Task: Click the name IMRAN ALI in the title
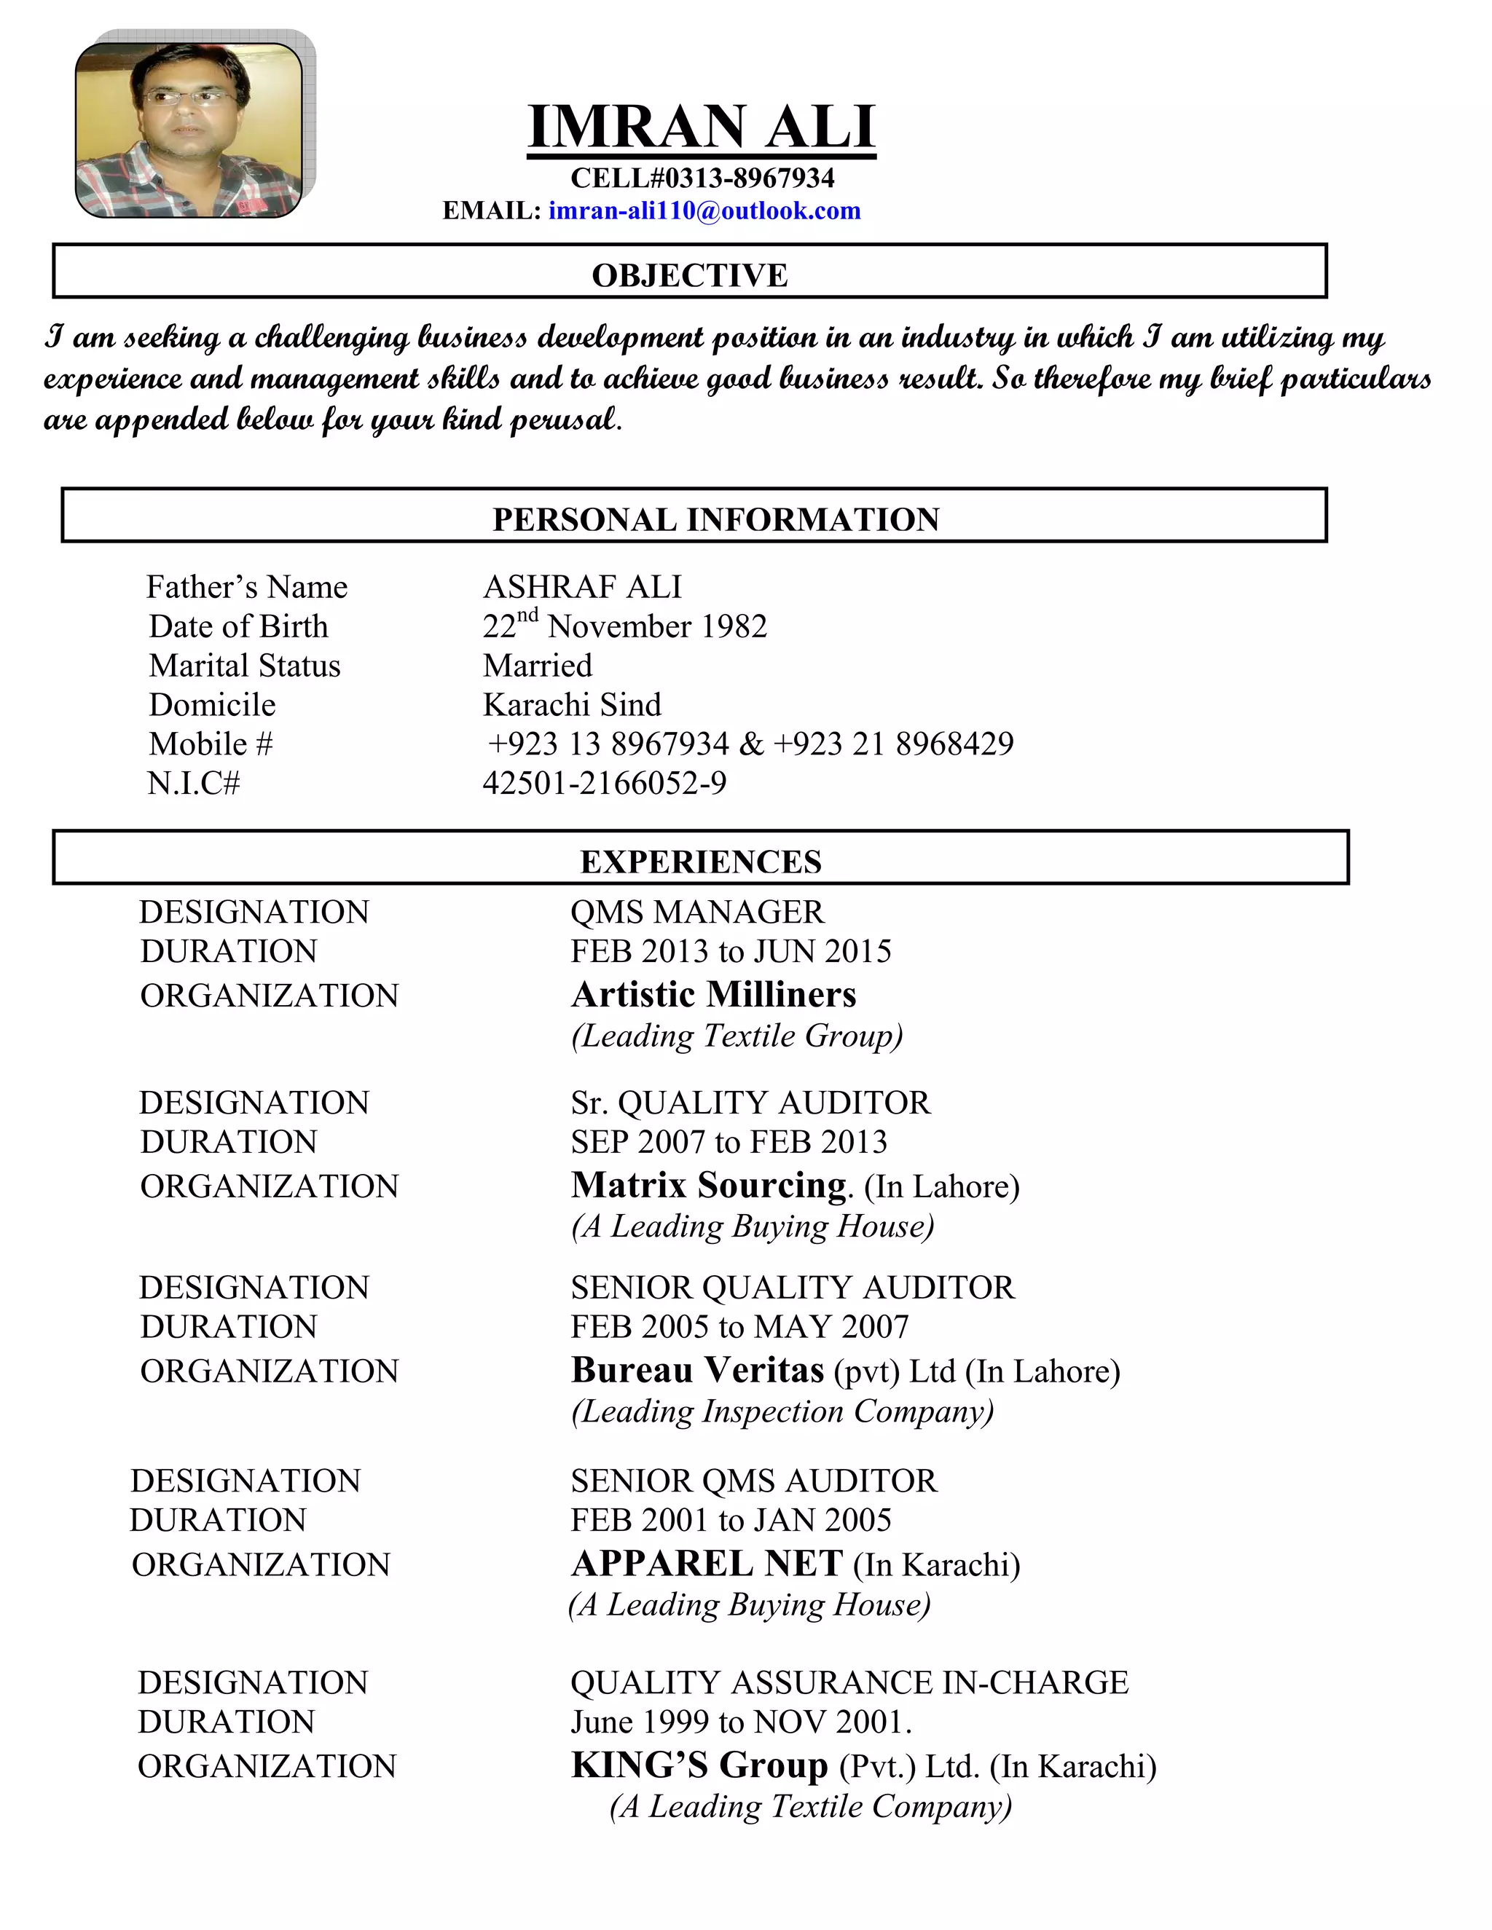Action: click(x=701, y=127)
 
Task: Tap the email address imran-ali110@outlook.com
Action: click(x=704, y=211)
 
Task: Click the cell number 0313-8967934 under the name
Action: click(x=750, y=178)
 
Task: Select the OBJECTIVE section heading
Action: click(x=689, y=276)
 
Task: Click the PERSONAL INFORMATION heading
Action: click(x=716, y=519)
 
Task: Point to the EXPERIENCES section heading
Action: click(x=701, y=862)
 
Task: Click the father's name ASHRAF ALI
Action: click(x=583, y=587)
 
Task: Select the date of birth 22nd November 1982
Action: click(x=624, y=626)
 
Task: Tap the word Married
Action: click(x=538, y=666)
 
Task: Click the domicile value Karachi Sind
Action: click(x=572, y=704)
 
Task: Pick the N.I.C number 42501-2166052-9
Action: click(x=605, y=783)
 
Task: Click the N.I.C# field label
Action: click(x=194, y=783)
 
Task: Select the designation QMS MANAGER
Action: click(x=696, y=912)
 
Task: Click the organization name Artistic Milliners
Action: click(x=713, y=994)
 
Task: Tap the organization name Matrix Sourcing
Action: click(x=709, y=1185)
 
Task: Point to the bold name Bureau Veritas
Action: click(x=697, y=1370)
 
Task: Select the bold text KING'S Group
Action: click(x=699, y=1765)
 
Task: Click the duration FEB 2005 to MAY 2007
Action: click(x=739, y=1326)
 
